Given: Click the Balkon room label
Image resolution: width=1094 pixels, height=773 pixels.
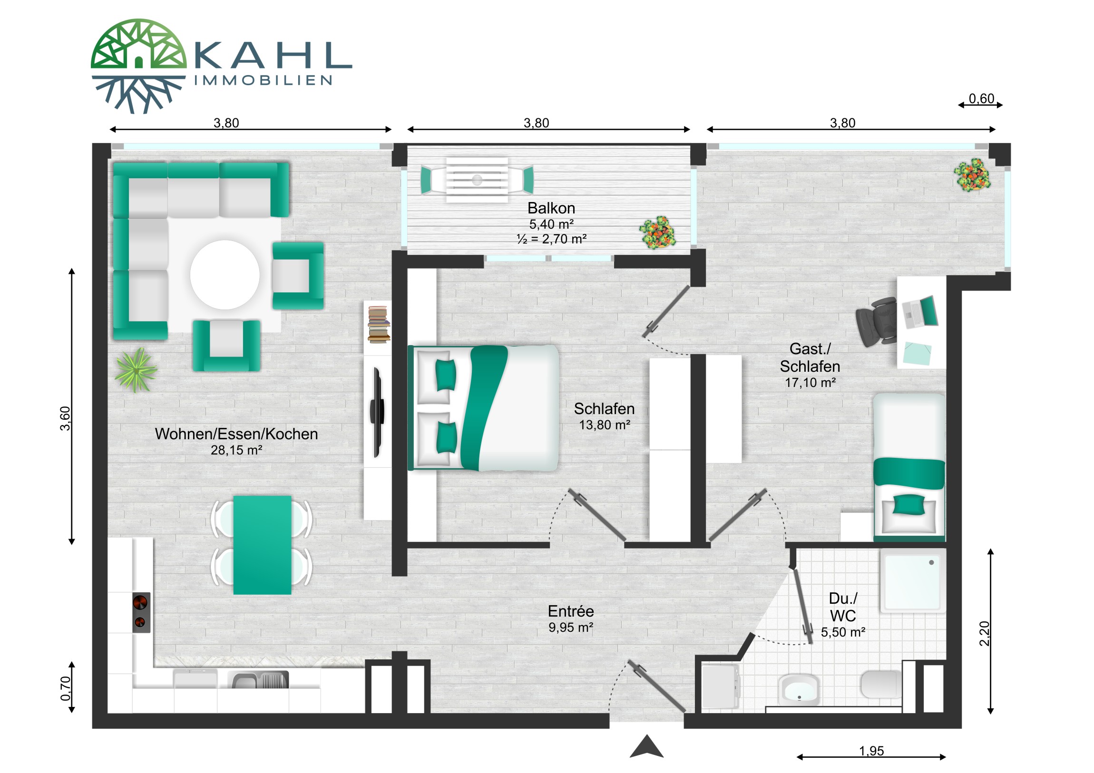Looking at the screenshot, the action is [551, 208].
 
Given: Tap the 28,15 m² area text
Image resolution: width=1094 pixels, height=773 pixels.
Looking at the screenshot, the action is [236, 450].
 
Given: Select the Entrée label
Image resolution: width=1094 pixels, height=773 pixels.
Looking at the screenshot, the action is [571, 611].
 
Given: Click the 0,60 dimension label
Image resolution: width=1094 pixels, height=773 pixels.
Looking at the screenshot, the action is [982, 98].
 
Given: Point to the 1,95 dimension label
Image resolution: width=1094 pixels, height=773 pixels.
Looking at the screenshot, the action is [871, 751].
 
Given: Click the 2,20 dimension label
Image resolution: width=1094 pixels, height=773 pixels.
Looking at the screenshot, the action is [985, 634].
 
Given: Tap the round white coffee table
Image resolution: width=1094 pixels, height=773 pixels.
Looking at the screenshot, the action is [225, 275].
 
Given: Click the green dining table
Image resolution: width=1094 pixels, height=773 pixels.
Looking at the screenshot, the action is [262, 545].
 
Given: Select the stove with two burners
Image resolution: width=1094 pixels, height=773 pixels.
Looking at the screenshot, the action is [141, 612].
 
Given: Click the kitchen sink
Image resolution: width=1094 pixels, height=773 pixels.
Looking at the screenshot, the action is [260, 680].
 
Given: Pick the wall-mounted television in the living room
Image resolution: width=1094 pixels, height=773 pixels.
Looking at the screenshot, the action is [377, 412].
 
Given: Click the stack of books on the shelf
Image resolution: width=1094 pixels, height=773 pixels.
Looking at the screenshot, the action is [379, 324].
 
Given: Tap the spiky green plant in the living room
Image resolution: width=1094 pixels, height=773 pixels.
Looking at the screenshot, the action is [136, 370].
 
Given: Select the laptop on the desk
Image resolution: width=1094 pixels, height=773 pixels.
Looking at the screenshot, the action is [920, 312].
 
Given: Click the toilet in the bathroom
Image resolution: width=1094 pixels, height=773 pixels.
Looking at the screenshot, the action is [881, 685].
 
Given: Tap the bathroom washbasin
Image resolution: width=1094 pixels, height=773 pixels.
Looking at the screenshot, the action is [799, 689].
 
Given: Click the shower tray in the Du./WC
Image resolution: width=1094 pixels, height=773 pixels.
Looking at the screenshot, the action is [912, 581].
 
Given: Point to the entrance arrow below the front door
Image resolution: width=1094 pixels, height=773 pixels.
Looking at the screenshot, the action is [646, 746].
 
